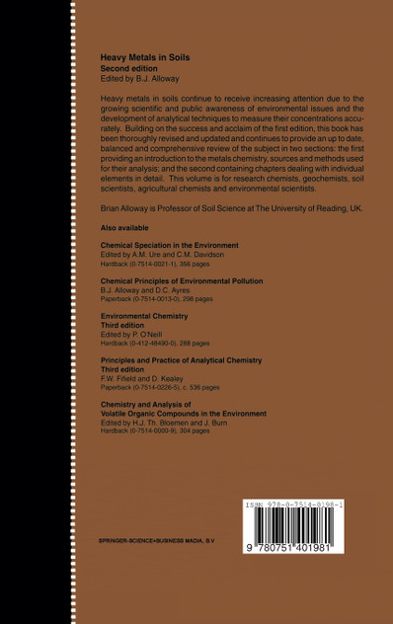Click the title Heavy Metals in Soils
[x=145, y=58]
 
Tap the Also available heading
[x=122, y=227]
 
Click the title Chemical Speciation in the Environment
[x=170, y=244]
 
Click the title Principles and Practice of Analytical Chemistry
[x=188, y=362]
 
